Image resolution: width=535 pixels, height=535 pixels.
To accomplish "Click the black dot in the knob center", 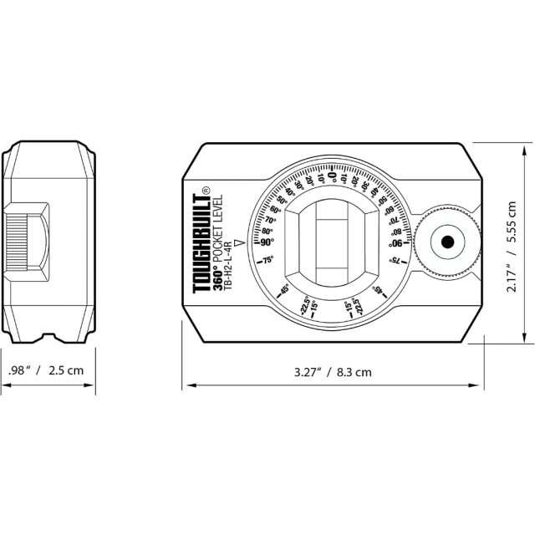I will (447, 242).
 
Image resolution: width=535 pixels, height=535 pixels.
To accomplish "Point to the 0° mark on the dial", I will (332, 176).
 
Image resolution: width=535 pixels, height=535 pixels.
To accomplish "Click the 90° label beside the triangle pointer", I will (267, 242).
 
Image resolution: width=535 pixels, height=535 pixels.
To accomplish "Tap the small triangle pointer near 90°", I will (240, 243).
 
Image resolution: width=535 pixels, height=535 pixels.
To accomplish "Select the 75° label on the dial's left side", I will (268, 261).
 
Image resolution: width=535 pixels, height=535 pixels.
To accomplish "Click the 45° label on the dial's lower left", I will (284, 290).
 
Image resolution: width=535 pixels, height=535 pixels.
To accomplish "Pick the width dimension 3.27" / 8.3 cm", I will (332, 371).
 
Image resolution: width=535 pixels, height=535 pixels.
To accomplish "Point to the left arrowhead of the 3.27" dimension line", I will (186, 385).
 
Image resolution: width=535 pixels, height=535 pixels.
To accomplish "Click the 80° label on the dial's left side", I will (267, 232).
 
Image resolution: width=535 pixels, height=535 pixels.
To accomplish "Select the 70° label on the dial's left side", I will (270, 221).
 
